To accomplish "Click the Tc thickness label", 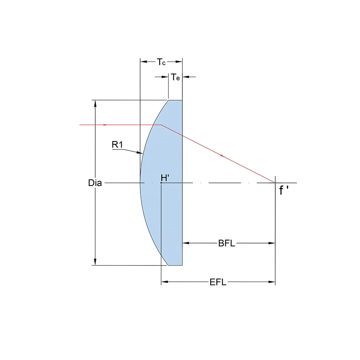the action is click(x=161, y=62).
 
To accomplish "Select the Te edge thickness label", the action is click(x=175, y=77).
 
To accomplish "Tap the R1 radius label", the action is click(x=117, y=145).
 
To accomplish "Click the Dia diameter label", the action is click(x=95, y=183).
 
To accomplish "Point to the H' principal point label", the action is click(x=165, y=178).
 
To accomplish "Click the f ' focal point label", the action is click(x=284, y=190).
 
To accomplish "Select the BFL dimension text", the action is click(x=227, y=244).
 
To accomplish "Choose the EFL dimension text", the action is click(x=218, y=282).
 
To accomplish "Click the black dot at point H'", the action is click(x=161, y=183).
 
